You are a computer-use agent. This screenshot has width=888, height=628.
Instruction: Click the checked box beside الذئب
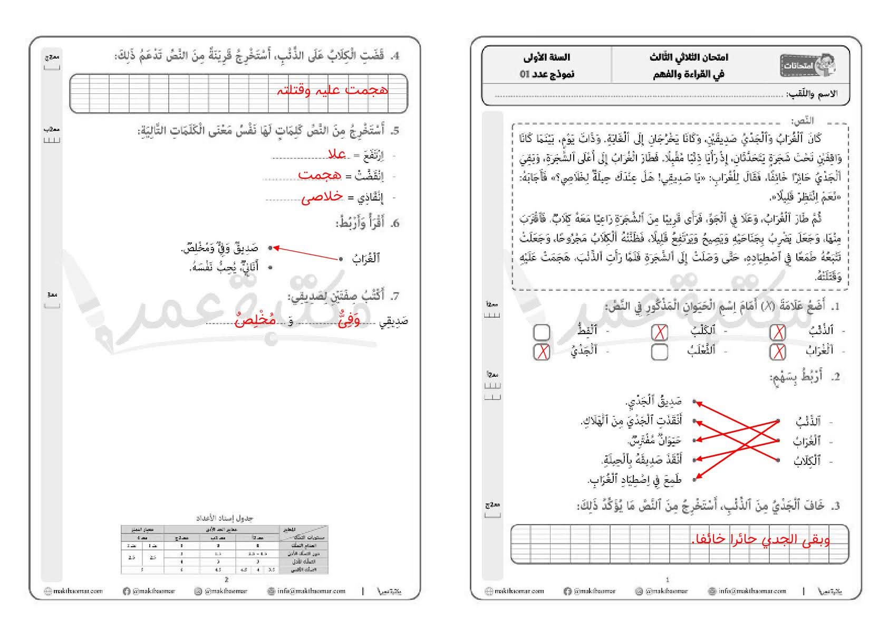click(777, 332)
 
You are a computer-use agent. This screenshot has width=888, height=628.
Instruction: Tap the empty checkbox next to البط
click(542, 332)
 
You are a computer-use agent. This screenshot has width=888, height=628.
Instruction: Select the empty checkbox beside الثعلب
click(660, 352)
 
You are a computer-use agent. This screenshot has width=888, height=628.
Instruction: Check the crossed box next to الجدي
click(542, 352)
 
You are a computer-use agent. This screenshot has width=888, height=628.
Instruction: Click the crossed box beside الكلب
click(660, 332)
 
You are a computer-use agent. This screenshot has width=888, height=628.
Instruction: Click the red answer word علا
click(337, 154)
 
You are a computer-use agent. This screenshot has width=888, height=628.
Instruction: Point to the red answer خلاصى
click(322, 197)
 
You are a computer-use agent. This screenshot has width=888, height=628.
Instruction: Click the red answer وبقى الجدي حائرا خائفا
click(760, 539)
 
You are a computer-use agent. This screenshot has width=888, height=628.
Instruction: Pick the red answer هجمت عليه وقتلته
click(332, 90)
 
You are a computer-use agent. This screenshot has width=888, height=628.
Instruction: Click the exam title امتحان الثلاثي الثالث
click(689, 58)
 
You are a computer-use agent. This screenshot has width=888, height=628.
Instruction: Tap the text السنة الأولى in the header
click(546, 58)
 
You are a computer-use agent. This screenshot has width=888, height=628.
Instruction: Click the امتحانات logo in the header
click(807, 65)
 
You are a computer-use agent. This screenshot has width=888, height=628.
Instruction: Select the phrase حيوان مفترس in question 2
click(655, 440)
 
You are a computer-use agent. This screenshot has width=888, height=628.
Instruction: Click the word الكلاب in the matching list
click(807, 461)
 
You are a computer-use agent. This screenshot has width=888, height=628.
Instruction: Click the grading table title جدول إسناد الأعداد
click(225, 518)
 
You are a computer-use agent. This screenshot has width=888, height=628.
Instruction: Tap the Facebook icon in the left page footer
click(126, 591)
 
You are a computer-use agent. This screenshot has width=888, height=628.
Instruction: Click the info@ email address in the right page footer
click(747, 591)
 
